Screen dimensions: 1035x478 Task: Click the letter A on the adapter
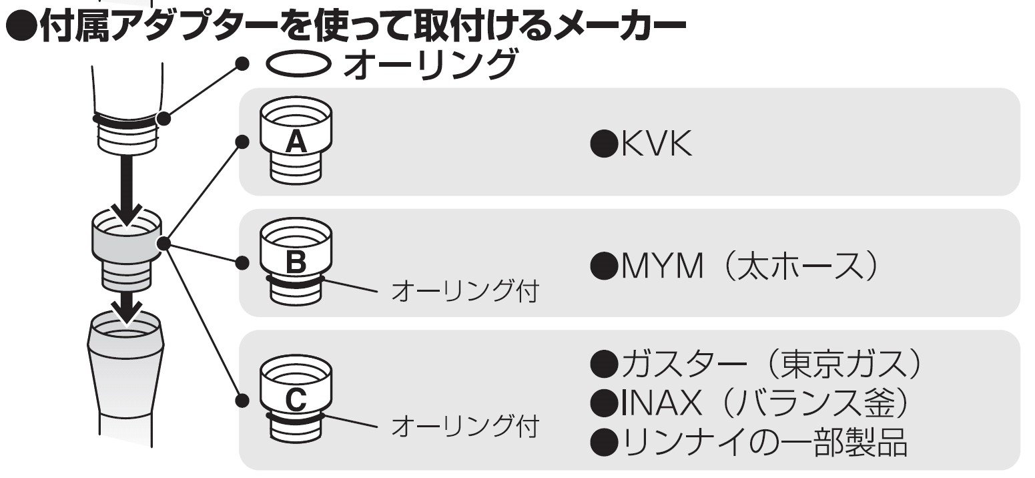pos(296,141)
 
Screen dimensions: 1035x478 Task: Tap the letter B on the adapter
pos(296,262)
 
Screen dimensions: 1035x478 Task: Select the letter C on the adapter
pos(296,400)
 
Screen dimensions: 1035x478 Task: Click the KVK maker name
pos(656,144)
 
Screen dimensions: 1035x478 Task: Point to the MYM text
pos(662,266)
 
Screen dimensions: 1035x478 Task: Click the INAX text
pos(661,403)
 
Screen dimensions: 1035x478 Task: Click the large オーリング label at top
pos(430,64)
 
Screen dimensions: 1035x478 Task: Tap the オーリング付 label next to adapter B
pos(465,291)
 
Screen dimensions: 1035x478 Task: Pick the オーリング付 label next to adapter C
pos(465,426)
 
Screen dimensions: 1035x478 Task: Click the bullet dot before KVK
pos(605,144)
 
